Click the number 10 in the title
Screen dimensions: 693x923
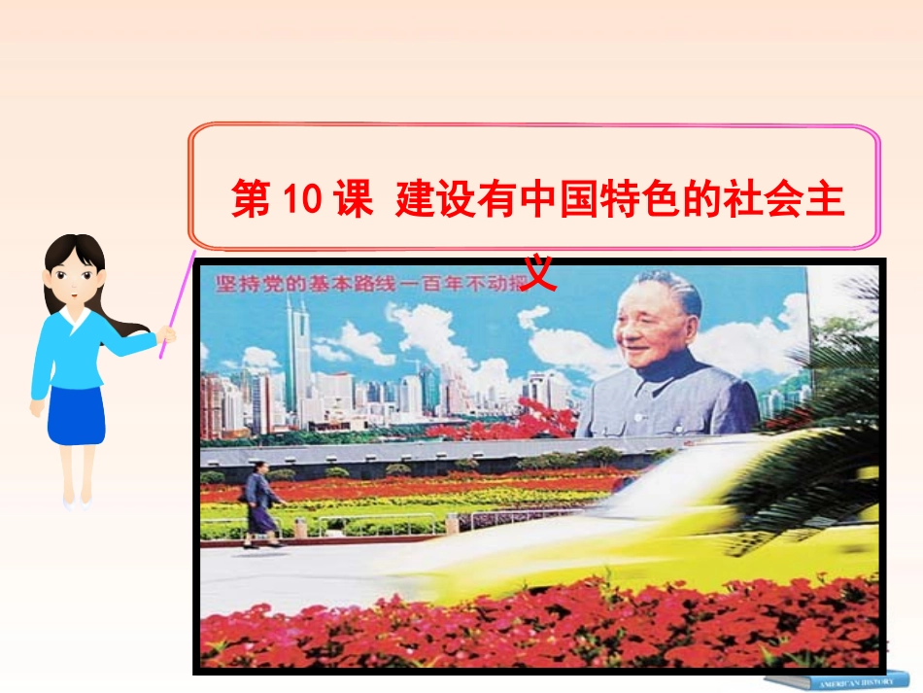[301, 200]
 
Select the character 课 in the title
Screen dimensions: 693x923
[352, 200]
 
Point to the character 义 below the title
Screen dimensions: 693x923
[539, 273]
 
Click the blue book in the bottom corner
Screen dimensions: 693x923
[836, 678]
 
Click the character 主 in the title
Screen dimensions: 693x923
[824, 200]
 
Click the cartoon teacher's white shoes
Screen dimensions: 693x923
[75, 503]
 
